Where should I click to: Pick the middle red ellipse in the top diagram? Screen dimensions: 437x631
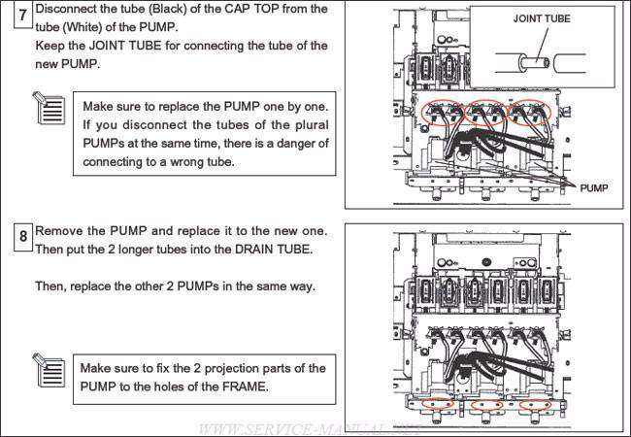488,113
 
